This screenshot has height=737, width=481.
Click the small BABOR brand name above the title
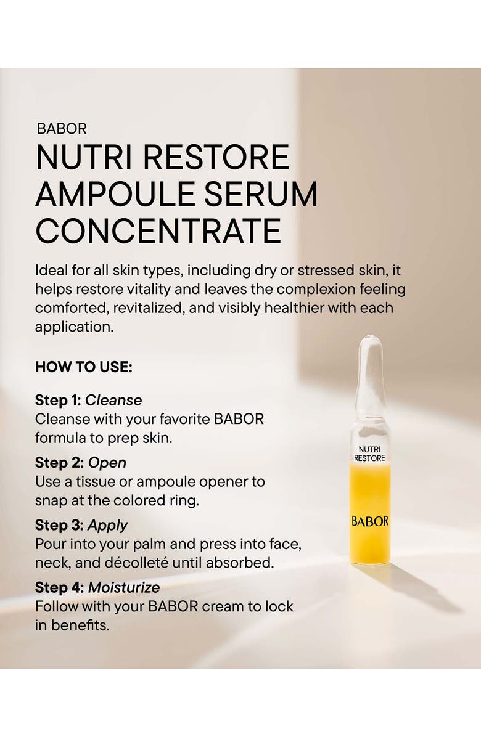pyautogui.click(x=61, y=129)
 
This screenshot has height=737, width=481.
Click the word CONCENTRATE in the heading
pyautogui.click(x=158, y=230)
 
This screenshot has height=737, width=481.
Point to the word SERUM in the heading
pyautogui.click(x=273, y=194)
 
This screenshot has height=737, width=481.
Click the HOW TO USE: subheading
pyautogui.click(x=84, y=367)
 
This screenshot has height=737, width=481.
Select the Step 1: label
pyautogui.click(x=58, y=401)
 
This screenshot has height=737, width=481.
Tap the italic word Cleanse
pyautogui.click(x=113, y=401)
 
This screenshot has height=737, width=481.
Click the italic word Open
pyautogui.click(x=107, y=463)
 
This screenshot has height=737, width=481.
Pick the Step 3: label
pyautogui.click(x=59, y=526)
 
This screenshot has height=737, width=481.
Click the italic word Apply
pyautogui.click(x=107, y=526)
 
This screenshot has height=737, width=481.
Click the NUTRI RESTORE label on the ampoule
pyautogui.click(x=369, y=454)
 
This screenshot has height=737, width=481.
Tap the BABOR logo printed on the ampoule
pyautogui.click(x=370, y=521)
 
